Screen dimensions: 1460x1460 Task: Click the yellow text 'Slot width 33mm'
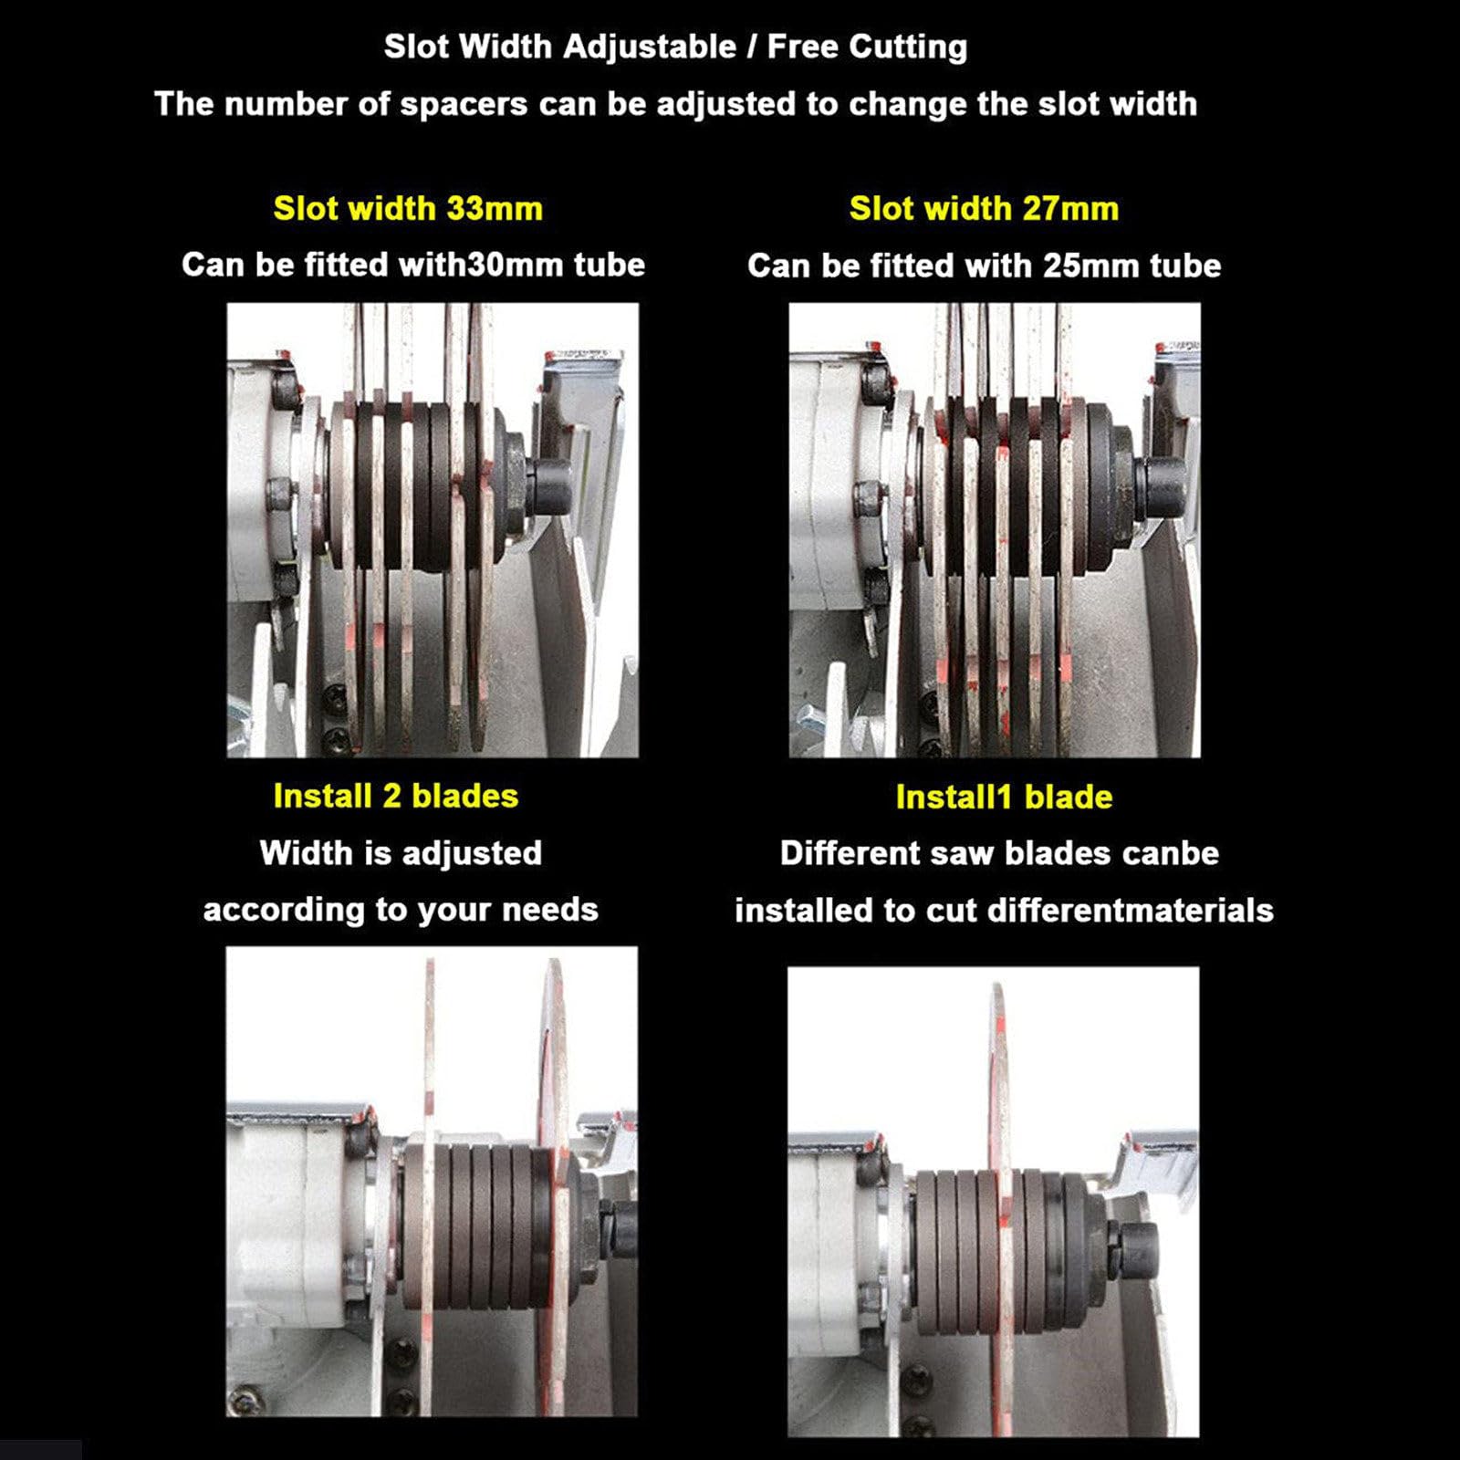click(408, 209)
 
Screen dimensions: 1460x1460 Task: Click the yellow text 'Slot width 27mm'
click(984, 209)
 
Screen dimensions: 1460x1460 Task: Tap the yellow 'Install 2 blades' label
click(396, 796)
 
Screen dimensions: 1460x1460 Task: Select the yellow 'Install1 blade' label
click(1004, 797)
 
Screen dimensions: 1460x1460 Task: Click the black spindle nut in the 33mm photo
click(547, 484)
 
